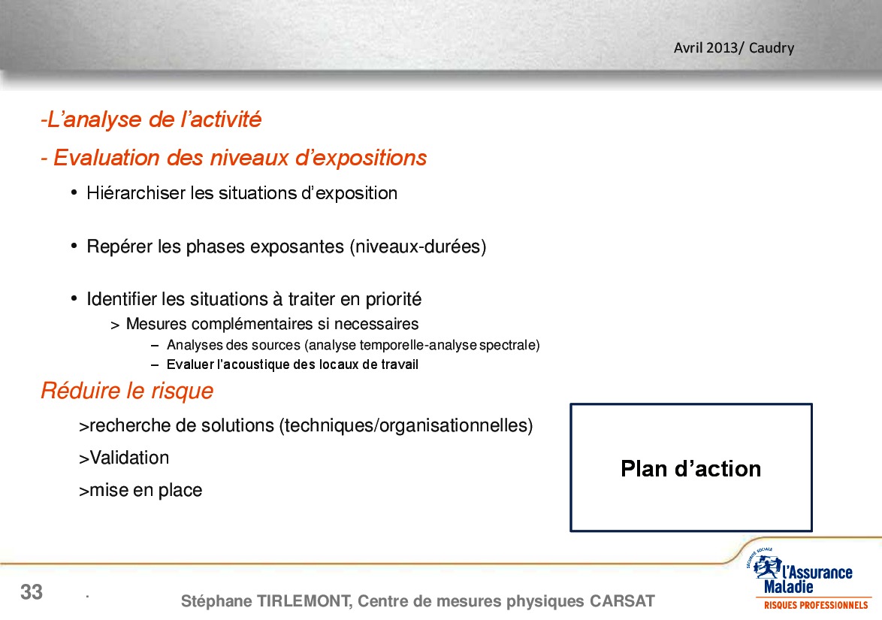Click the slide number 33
point(32,592)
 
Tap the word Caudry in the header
point(772,48)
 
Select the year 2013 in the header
point(722,47)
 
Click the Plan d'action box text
point(690,469)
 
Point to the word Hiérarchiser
point(135,193)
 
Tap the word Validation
point(129,458)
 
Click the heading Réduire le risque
point(127,391)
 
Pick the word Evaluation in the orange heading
point(107,158)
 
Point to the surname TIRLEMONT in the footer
point(304,601)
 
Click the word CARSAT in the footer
point(622,601)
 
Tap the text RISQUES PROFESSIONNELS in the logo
point(816,606)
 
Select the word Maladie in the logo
point(788,588)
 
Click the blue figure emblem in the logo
point(767,567)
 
